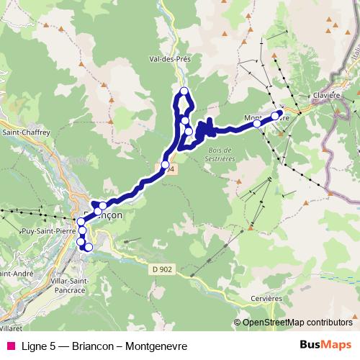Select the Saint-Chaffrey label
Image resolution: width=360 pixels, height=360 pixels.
pyautogui.click(x=22, y=132)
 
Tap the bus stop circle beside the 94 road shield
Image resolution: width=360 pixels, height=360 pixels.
pyautogui.click(x=166, y=166)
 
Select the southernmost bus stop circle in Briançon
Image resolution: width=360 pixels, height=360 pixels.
pyautogui.click(x=89, y=248)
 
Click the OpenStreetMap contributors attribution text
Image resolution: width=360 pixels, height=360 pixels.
pyautogui.click(x=298, y=323)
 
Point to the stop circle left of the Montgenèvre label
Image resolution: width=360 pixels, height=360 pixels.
pyautogui.click(x=257, y=124)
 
